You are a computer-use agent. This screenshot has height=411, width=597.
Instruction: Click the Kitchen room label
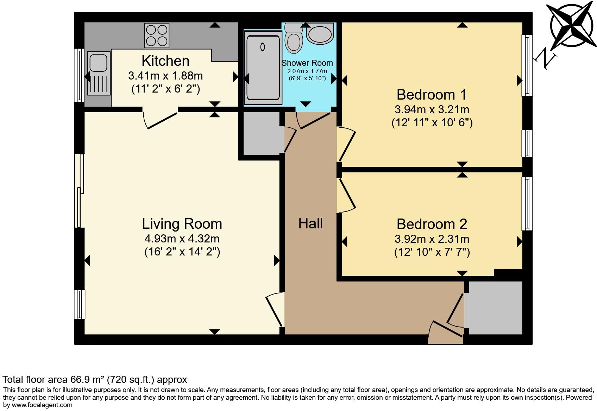click(x=165, y=61)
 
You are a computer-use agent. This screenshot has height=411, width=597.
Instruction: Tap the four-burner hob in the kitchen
click(x=156, y=36)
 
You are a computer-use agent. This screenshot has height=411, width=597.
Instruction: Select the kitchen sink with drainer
click(x=99, y=73)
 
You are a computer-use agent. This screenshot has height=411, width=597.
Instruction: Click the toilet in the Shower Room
click(x=294, y=38)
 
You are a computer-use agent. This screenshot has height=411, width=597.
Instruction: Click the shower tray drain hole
click(x=263, y=47)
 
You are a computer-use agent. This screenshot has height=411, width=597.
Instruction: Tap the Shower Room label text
click(x=307, y=63)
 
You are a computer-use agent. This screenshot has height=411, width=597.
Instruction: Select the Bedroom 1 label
click(x=432, y=95)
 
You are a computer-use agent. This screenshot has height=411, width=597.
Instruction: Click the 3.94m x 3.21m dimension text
click(x=432, y=109)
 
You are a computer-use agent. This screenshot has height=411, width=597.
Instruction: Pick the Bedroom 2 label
click(x=432, y=224)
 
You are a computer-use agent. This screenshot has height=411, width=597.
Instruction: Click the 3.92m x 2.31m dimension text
click(x=432, y=239)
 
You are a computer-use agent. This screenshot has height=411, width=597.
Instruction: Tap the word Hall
click(x=310, y=223)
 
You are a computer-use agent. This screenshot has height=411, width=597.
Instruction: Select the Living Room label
click(x=182, y=224)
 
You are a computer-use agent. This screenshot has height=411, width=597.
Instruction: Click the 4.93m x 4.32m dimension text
click(x=182, y=239)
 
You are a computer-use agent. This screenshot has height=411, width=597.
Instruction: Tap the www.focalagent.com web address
click(x=42, y=405)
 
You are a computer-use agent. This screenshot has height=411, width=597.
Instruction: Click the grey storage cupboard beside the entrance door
click(x=495, y=308)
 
